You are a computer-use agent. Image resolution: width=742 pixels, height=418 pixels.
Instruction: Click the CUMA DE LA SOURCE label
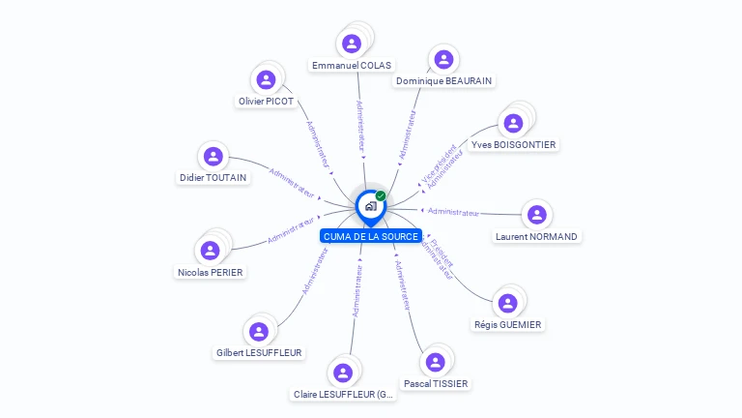click(371, 236)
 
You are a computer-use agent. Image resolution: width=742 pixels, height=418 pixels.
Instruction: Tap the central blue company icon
click(370, 205)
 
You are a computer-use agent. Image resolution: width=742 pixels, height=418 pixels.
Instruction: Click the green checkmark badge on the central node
click(381, 195)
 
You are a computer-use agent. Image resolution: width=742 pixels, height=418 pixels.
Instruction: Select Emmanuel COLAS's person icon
click(352, 44)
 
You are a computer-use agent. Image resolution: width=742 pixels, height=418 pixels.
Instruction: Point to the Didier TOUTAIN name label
click(214, 177)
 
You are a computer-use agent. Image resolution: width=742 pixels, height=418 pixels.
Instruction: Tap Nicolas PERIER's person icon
click(210, 251)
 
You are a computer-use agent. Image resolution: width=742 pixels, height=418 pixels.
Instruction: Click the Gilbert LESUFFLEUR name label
click(260, 353)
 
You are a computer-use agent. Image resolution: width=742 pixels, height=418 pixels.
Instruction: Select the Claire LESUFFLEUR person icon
click(342, 373)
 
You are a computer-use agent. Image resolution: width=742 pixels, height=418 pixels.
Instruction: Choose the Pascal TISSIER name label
click(436, 383)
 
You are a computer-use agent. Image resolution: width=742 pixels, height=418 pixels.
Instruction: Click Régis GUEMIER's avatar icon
click(507, 303)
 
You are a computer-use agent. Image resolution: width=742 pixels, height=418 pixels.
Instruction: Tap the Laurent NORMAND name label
click(536, 236)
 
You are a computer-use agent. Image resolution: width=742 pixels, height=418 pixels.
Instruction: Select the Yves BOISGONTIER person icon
click(513, 123)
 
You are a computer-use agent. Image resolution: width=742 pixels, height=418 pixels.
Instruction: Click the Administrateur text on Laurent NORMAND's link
click(453, 211)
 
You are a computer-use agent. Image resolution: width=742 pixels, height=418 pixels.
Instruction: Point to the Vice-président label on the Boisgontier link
click(438, 163)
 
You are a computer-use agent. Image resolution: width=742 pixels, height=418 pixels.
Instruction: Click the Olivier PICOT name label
click(266, 102)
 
